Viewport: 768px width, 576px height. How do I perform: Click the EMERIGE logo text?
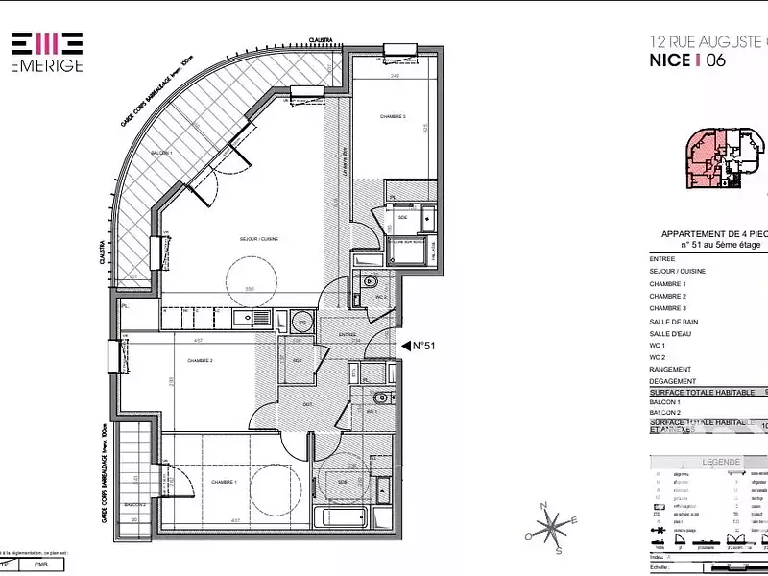coord(46,66)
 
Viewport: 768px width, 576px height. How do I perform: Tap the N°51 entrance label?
coord(424,347)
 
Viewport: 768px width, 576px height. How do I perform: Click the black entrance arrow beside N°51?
coord(405,347)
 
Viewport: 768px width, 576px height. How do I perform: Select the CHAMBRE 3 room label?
coord(392,117)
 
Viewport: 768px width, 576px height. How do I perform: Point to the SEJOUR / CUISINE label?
coord(259,239)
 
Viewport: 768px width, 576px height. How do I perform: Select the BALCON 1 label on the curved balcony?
coord(161,153)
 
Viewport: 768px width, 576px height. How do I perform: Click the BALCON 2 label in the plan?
coord(134,504)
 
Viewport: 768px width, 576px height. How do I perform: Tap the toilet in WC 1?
coord(380,397)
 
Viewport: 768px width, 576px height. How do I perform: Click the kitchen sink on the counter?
coord(301,321)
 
